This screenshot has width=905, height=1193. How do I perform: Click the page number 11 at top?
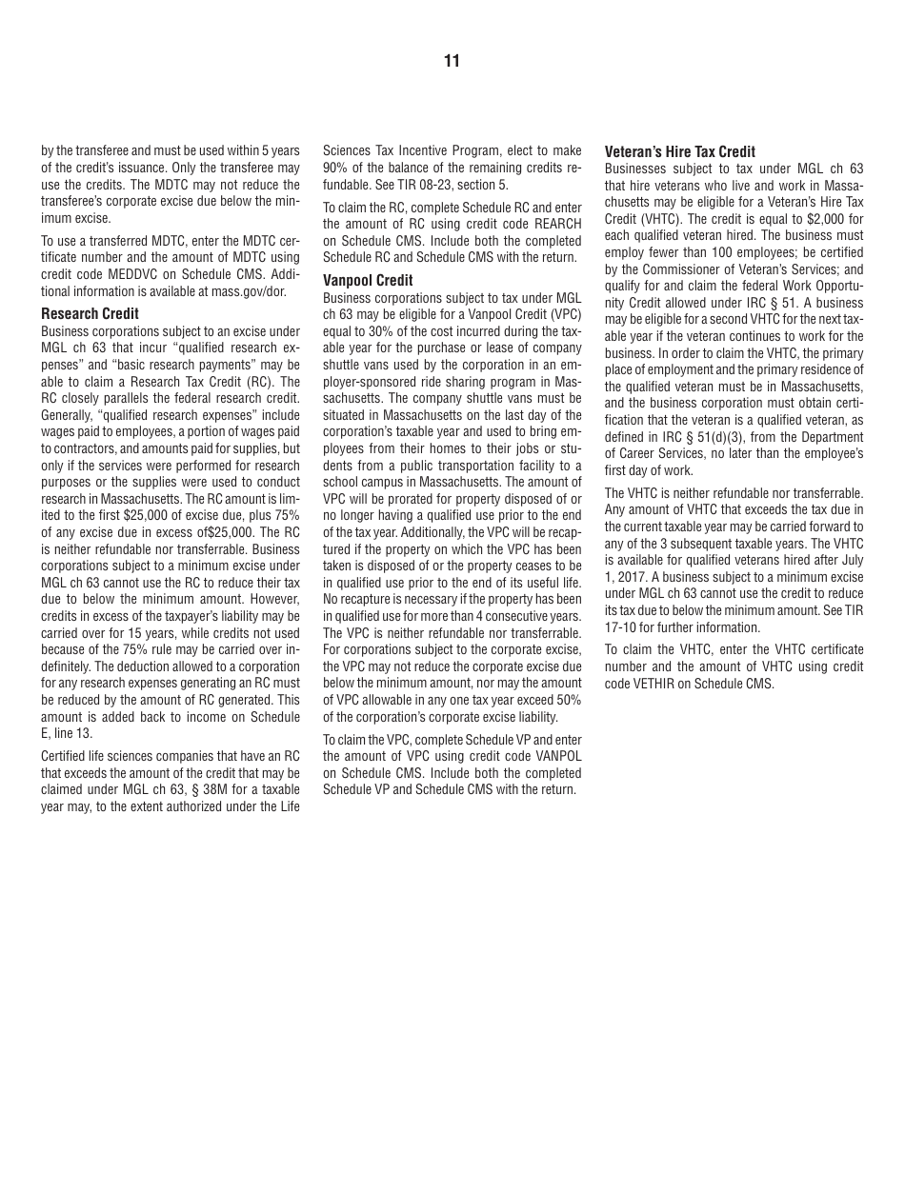452,62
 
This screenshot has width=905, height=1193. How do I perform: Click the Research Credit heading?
90,313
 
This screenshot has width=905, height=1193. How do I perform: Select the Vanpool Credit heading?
368,280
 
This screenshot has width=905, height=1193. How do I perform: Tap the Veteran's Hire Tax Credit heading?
680,151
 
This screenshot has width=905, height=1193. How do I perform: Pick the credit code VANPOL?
558,756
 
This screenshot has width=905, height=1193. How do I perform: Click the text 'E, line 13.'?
67,733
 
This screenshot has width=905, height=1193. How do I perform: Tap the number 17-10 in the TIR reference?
619,627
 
